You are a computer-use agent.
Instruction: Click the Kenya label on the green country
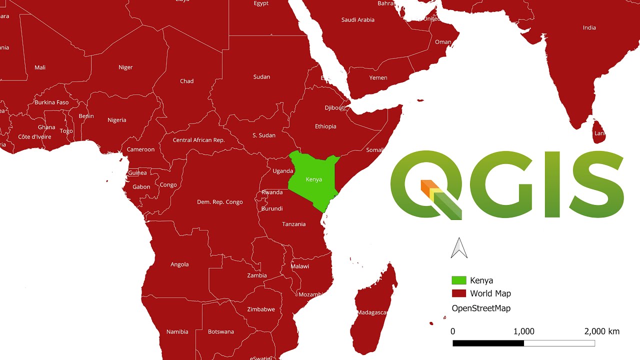coord(313,179)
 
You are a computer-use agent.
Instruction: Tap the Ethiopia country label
coord(325,126)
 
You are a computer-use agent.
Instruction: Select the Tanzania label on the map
coord(293,224)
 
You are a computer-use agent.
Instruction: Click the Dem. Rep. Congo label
coord(220,202)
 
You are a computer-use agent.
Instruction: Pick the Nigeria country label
coord(117,120)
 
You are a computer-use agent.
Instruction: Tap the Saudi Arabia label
coord(358,20)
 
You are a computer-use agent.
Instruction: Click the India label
coord(589,27)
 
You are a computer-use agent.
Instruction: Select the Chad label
coord(186,81)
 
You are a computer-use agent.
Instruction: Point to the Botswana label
coord(221,331)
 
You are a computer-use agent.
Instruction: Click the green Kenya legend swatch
coord(458,280)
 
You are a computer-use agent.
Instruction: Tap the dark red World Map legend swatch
coord(458,293)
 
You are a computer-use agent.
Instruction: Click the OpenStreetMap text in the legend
coord(481,308)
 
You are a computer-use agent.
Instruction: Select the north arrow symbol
coord(459,248)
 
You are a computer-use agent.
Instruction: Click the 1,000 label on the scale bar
coord(523,331)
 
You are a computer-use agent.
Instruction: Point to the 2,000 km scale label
coord(601,331)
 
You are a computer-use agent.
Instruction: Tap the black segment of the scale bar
coord(488,343)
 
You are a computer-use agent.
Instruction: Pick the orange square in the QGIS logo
coord(426,185)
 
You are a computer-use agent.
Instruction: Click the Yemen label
coord(378,77)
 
